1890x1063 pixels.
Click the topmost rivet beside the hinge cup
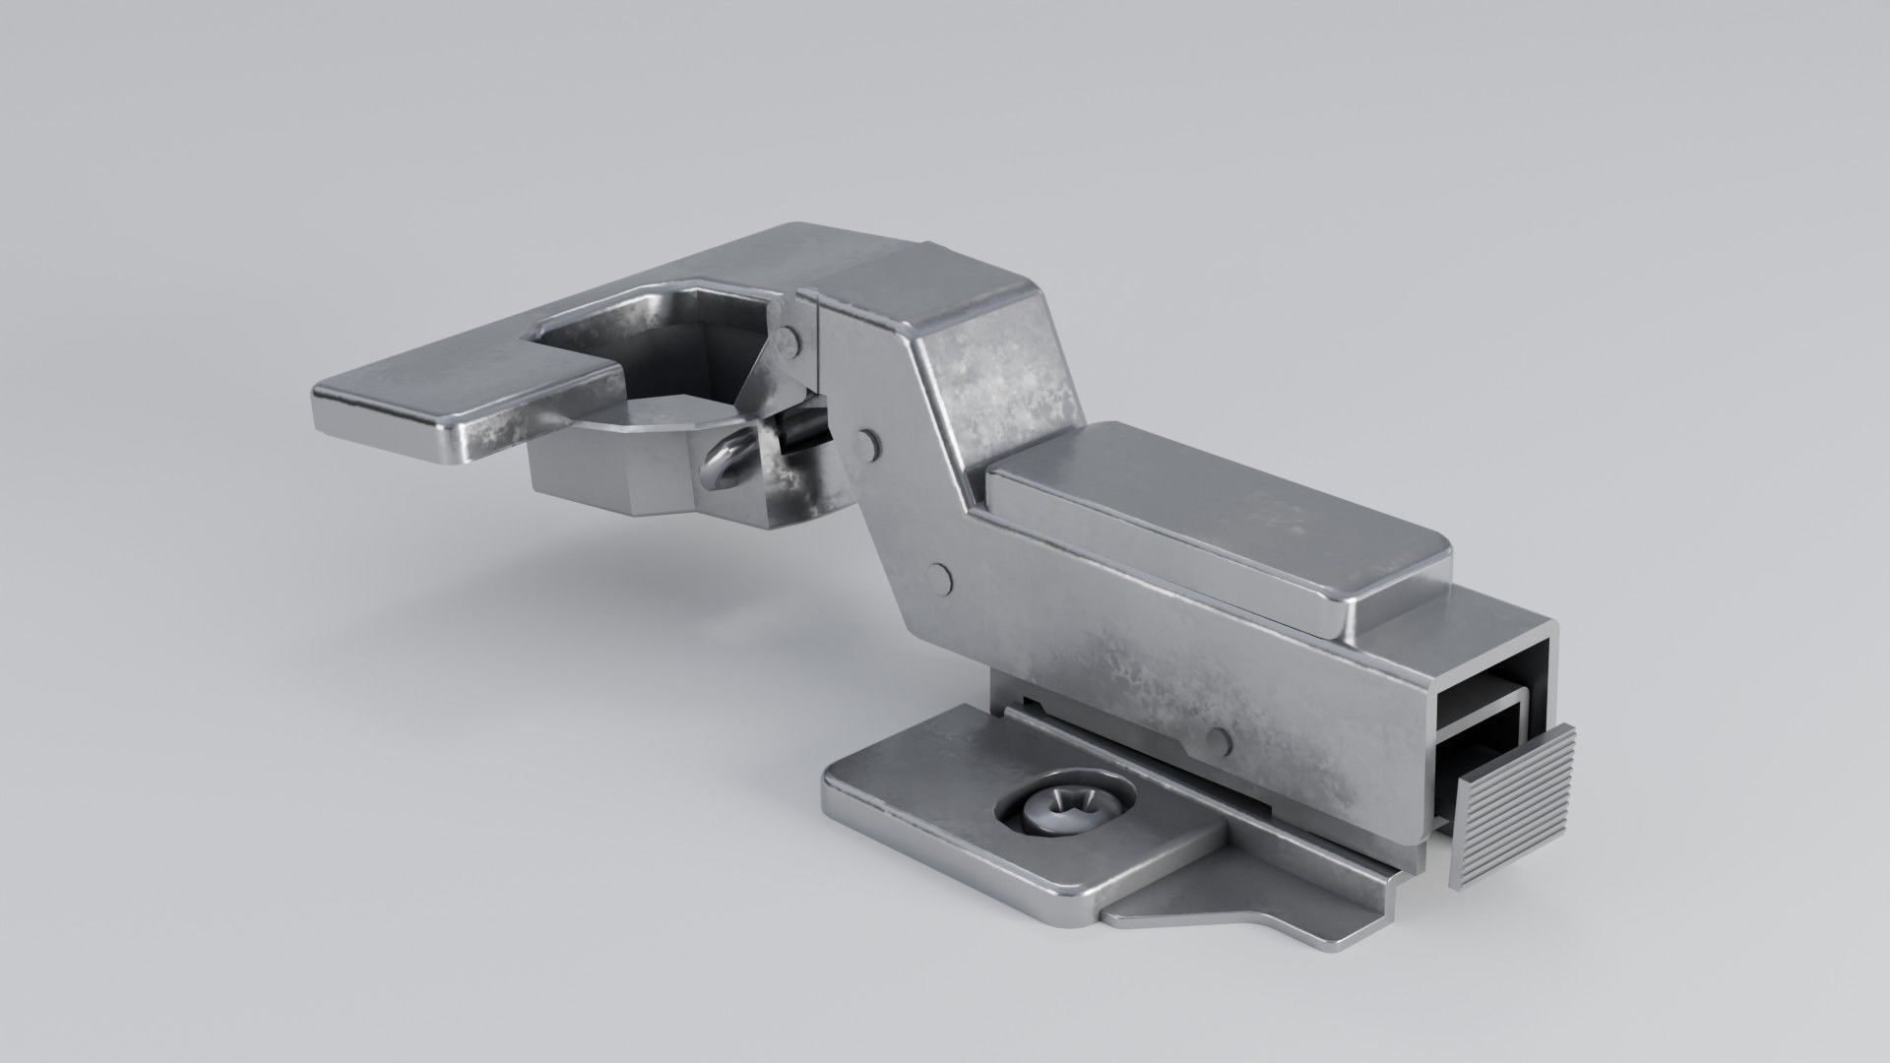click(787, 342)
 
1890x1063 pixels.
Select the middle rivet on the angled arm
click(866, 443)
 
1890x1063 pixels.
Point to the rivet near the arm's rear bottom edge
click(1219, 740)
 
